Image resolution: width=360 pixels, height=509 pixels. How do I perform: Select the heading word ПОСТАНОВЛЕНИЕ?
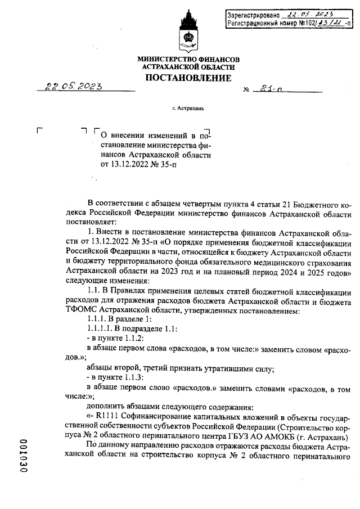188,78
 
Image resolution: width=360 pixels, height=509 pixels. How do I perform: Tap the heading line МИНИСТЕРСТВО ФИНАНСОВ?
188,59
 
